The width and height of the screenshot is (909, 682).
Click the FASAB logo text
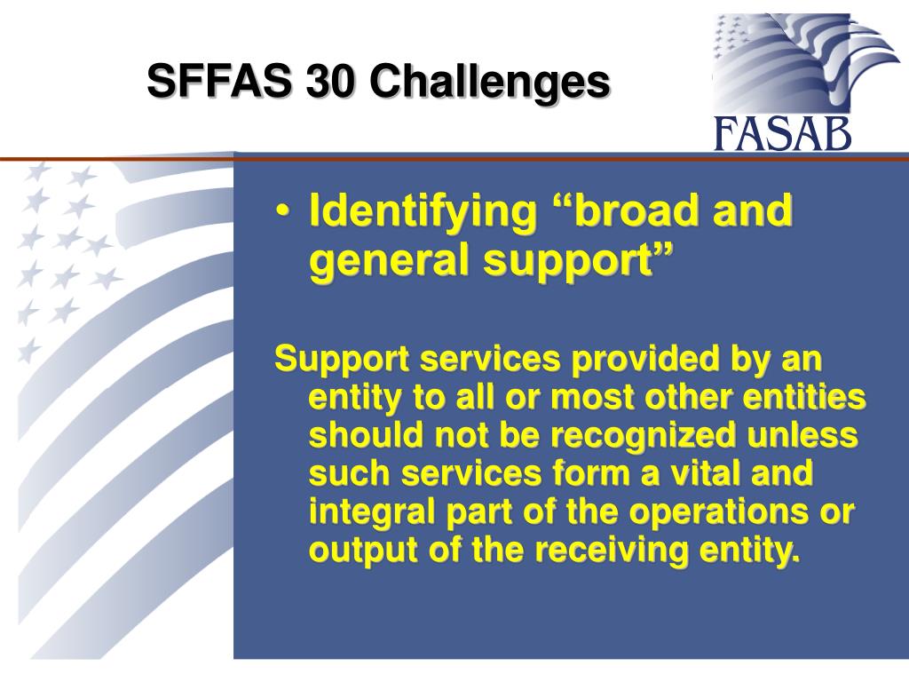[x=782, y=135]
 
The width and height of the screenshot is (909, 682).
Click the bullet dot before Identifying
[x=282, y=213]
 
